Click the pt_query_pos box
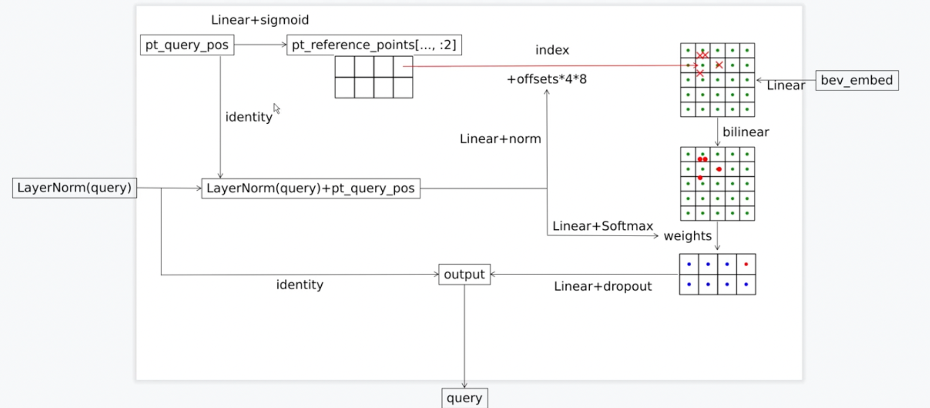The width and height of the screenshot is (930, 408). [x=187, y=45]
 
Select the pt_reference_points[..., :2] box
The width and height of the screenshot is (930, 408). [x=374, y=45]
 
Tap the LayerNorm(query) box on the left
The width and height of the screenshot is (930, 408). [x=74, y=188]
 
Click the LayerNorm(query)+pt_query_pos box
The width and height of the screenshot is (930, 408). [x=311, y=188]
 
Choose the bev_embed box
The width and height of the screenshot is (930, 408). [x=857, y=80]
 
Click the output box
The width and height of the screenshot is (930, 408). [x=464, y=275]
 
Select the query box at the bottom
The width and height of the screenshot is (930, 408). [x=464, y=398]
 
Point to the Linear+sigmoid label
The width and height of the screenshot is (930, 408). [x=260, y=20]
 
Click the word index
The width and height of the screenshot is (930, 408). [x=552, y=50]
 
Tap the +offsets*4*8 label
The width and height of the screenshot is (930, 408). [x=546, y=79]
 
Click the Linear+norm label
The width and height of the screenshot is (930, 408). [x=500, y=139]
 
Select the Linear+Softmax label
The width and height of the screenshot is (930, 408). [x=602, y=226]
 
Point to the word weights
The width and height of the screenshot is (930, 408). [x=687, y=236]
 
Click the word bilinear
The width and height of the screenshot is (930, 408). [x=746, y=132]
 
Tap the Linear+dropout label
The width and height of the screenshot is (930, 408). [x=603, y=287]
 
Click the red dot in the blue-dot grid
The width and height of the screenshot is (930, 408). [x=746, y=264]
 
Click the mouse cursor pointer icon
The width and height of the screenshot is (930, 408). [x=276, y=108]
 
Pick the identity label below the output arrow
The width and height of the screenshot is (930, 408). [x=300, y=285]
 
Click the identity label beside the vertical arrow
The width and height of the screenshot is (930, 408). [x=249, y=117]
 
